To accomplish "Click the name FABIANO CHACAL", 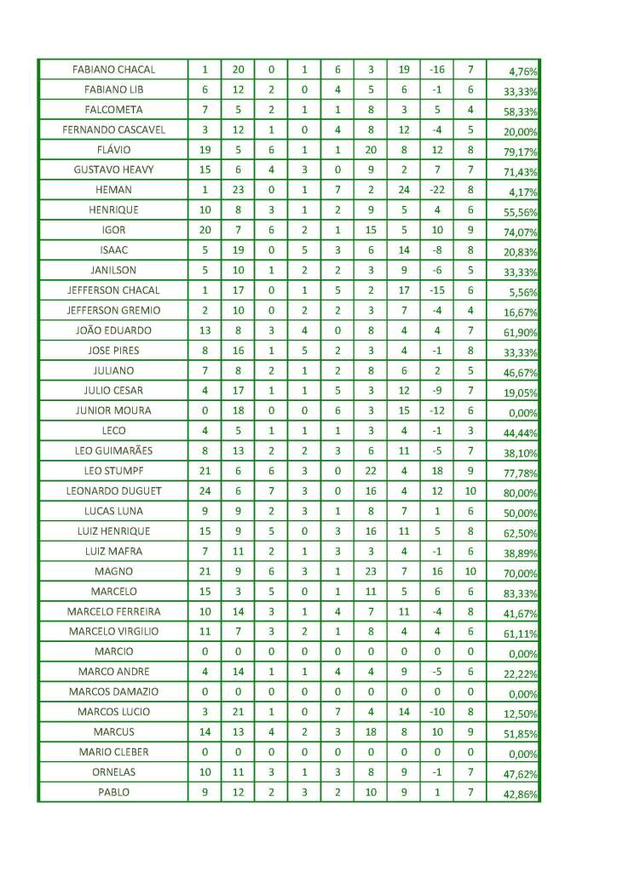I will tap(113, 69).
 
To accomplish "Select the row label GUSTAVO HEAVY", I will tap(113, 169).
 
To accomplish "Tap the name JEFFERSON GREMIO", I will tap(113, 310).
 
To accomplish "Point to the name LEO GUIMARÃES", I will tap(113, 450).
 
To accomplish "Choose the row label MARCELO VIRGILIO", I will tap(113, 631).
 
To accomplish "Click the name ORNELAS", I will tap(113, 771).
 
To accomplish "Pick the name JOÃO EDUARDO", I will tap(113, 330).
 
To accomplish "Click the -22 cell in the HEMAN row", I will tap(436, 190).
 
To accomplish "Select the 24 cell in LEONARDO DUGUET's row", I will tap(205, 490).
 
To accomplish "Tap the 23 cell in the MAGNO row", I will tap(371, 570).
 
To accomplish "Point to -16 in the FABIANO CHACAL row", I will tap(436, 69).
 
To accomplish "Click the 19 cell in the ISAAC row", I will tap(238, 249).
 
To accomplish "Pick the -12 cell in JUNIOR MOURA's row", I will tap(436, 410).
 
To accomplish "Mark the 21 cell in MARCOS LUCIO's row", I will tap(238, 711).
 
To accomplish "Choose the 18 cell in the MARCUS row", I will tap(371, 731).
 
